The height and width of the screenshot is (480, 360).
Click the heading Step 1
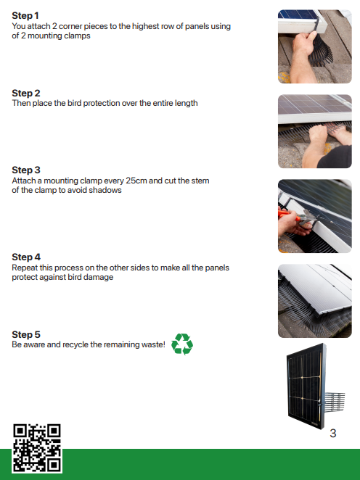[x=25, y=16]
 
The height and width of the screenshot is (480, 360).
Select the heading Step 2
[x=25, y=93]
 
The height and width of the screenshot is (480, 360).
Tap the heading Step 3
[x=25, y=170]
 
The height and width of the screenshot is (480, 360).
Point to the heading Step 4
[x=26, y=257]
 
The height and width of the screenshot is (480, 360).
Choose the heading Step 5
[x=25, y=334]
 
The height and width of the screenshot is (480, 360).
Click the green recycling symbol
[x=182, y=344]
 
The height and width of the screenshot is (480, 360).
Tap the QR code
[x=37, y=448]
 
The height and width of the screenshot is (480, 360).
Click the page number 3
[x=332, y=433]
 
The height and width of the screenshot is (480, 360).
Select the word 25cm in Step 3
[x=136, y=181]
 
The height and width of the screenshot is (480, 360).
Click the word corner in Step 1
[x=70, y=26]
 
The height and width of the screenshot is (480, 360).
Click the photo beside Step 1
[x=315, y=46]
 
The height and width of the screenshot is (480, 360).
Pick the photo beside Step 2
[x=315, y=131]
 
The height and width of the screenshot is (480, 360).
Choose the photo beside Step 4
[x=315, y=301]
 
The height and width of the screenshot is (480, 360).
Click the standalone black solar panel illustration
[x=316, y=386]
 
